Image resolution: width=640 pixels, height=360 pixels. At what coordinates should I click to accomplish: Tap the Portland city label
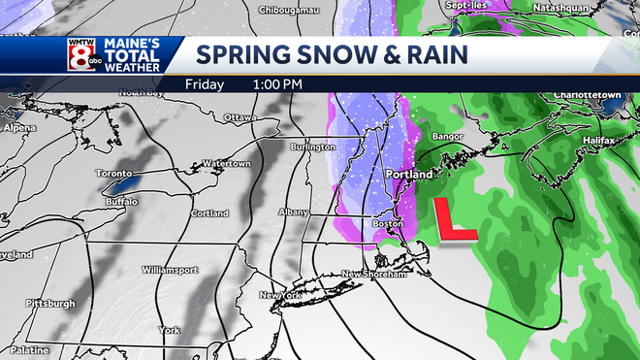(407, 175)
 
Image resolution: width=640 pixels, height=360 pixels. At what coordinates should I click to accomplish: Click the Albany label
(294, 213)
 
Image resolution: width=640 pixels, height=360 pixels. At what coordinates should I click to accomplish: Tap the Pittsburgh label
(51, 303)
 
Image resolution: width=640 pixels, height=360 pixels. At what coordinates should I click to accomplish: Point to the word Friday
(208, 83)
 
